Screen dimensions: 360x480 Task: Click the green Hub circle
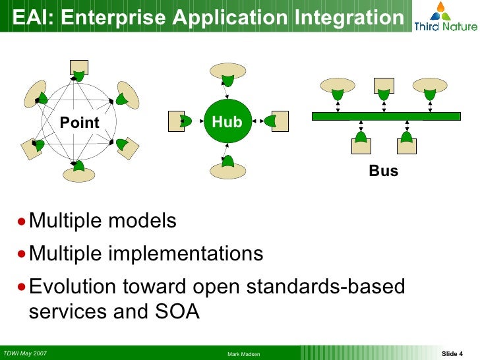(227, 121)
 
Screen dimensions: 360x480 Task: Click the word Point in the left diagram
(80, 123)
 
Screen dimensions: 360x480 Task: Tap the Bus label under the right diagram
(383, 171)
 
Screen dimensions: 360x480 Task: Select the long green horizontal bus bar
(386, 116)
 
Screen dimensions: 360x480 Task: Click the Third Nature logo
(445, 17)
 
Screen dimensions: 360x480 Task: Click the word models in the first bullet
(138, 221)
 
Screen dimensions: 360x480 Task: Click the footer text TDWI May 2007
(25, 353)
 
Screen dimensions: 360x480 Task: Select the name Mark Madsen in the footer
(245, 355)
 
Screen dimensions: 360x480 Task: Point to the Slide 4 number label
(452, 354)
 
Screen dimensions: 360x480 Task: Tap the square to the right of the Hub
(280, 120)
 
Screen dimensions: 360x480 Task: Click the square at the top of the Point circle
(79, 66)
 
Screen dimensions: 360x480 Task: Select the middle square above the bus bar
(383, 84)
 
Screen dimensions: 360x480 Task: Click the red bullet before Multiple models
(23, 222)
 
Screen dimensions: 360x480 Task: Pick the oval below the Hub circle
(227, 171)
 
